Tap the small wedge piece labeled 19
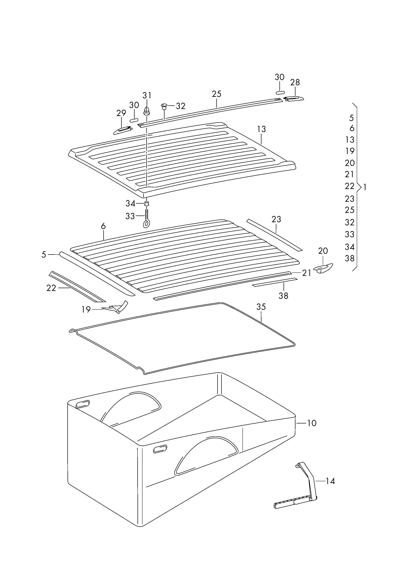coord(116,308)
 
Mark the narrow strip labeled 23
coord(274,235)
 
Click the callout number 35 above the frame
coord(261,307)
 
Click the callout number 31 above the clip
coord(147,95)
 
